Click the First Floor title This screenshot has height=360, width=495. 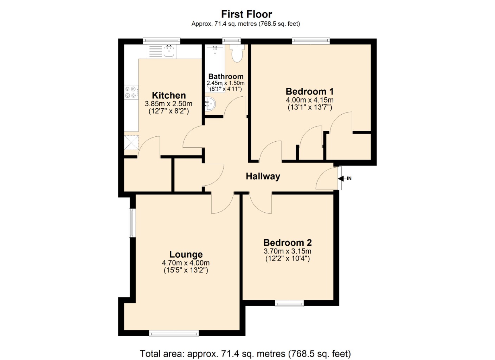point(246,14)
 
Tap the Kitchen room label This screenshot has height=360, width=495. point(169,95)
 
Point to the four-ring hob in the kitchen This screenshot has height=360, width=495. point(131,92)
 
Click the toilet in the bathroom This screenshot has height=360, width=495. point(237,53)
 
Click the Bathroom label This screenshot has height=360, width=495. point(226,76)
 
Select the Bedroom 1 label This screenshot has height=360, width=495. point(309,91)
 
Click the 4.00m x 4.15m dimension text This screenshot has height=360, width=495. point(309,100)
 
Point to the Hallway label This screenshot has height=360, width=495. point(263,176)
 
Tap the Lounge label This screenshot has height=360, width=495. point(186,254)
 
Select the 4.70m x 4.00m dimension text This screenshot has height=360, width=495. point(186,263)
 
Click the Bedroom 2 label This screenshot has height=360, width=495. point(287,243)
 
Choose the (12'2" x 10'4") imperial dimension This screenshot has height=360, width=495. point(287,259)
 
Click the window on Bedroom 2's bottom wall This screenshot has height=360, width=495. point(289,303)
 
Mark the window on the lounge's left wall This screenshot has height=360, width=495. point(132,223)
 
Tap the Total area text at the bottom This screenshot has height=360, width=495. point(245,353)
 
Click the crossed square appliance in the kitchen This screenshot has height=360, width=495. point(131,143)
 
